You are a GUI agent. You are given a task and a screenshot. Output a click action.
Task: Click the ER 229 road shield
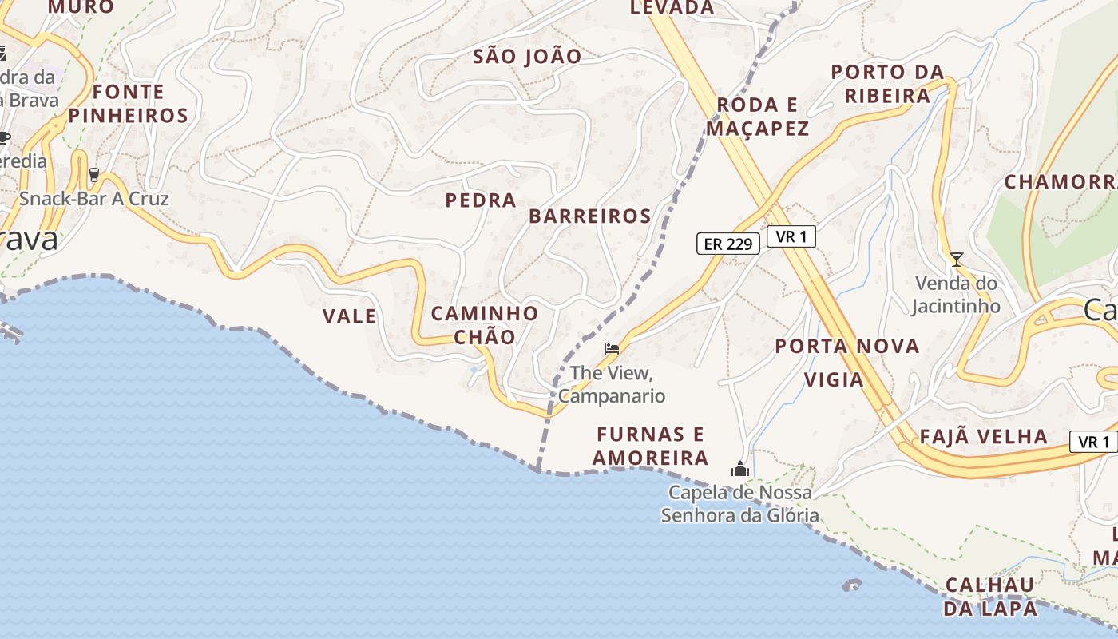pos(727,244)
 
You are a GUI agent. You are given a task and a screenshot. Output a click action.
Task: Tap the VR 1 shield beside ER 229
pos(791,236)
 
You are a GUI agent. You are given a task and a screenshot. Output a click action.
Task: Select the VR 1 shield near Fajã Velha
pos(1093,442)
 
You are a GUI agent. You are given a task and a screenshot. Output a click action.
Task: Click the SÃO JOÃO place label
pos(527,57)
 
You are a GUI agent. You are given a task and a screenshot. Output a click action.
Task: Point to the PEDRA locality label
pos(481,200)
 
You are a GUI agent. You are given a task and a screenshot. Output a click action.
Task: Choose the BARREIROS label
pos(590,216)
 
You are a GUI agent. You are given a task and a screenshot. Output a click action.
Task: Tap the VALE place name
pos(349,316)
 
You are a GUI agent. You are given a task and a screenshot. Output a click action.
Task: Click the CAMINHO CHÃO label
pos(485,325)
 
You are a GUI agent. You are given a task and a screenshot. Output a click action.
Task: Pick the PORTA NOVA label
pos(847,347)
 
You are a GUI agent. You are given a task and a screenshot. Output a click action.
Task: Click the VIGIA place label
pos(834,379)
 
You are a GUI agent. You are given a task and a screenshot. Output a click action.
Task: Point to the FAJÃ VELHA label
pos(984,436)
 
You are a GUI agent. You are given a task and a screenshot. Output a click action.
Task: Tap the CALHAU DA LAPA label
pos(990,597)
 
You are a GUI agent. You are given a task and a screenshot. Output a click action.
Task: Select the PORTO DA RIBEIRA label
pos(887,84)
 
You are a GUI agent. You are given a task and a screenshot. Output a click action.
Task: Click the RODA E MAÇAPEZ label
pos(758,117)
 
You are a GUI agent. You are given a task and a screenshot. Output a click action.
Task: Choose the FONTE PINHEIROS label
pos(128,104)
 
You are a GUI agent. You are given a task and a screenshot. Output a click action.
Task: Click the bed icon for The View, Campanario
pos(612,348)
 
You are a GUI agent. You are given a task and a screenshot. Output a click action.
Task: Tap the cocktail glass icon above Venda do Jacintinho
pos(956,259)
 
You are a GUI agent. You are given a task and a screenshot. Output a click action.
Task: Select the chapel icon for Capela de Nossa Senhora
pos(739,469)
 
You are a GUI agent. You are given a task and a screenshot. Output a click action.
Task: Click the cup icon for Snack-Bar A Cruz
pos(94,174)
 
